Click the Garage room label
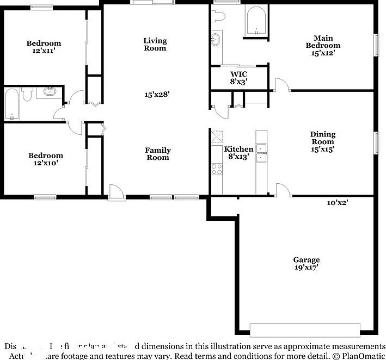coord(306,259)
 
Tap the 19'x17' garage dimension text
coord(306,267)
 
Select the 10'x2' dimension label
coord(337,202)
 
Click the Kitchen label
coord(238,149)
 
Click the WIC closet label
coord(238,74)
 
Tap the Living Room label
coord(155,44)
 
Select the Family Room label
coord(157,154)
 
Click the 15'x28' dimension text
coord(157,95)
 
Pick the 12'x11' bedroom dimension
coord(44,51)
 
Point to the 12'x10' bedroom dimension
coord(45,163)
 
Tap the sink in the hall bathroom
coord(50,92)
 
